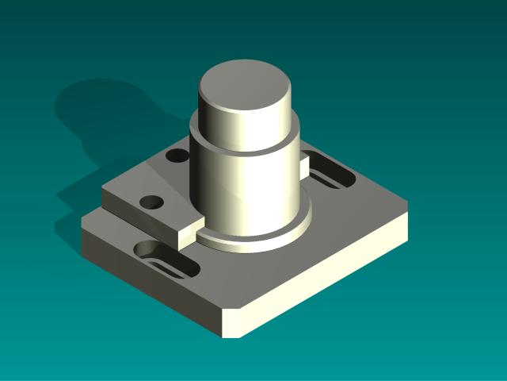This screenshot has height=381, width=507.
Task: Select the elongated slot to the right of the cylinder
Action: [x=329, y=173]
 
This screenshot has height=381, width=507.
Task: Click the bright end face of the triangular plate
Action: [x=190, y=231]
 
